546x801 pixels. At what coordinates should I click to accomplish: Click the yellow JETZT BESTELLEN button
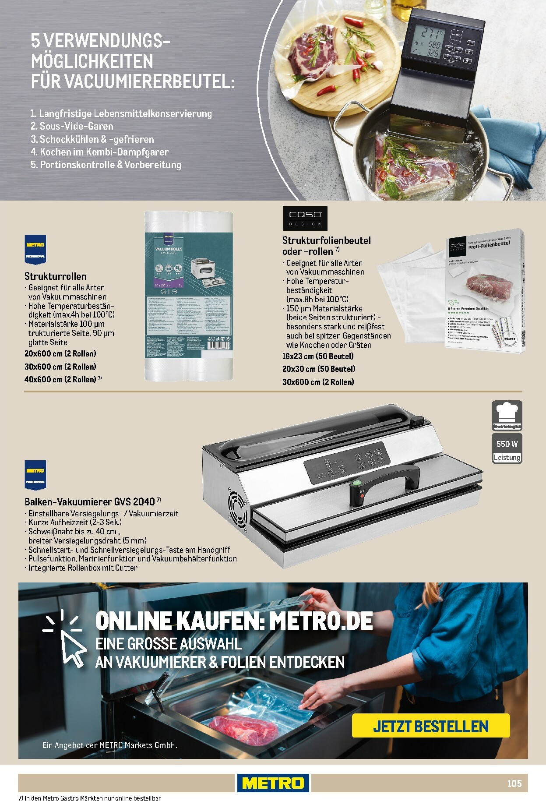(431, 727)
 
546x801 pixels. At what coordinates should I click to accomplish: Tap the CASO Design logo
(305, 218)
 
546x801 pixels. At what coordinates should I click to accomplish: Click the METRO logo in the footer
(273, 783)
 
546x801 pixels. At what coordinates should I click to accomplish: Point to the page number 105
(514, 783)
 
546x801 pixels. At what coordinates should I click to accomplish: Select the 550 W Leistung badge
(507, 449)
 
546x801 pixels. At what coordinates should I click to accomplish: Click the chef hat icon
(507, 414)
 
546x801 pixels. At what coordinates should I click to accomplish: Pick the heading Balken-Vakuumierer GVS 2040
(90, 501)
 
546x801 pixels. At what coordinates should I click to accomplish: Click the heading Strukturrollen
(56, 276)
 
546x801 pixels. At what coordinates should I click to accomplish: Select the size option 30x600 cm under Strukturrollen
(60, 367)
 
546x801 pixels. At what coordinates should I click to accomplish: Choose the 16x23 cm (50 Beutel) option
(317, 356)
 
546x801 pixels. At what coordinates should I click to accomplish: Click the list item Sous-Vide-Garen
(72, 126)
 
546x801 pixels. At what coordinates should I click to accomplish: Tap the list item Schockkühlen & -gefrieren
(92, 139)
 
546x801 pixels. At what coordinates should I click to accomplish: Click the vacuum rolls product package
(188, 296)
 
